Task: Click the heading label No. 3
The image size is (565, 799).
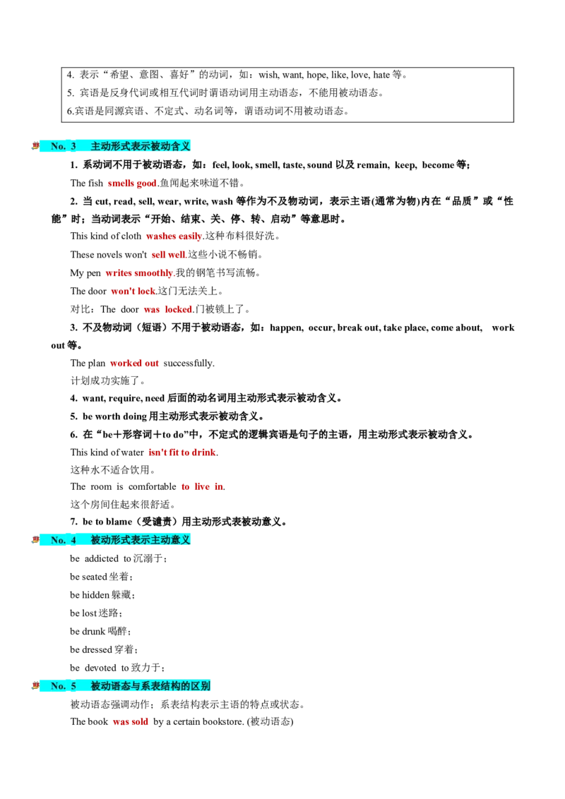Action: click(x=64, y=146)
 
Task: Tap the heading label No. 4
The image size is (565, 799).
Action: click(x=64, y=540)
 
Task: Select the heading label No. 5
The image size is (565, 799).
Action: click(x=64, y=686)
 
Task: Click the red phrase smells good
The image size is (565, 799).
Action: click(x=132, y=183)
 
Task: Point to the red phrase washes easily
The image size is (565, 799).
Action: click(x=174, y=236)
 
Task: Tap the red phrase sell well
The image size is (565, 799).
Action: click(x=168, y=254)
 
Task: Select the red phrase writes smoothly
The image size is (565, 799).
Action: click(x=139, y=272)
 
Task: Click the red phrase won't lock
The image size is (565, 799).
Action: click(x=133, y=291)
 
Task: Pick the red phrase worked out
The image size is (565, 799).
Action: click(x=134, y=363)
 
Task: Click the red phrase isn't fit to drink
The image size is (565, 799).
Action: click(x=182, y=452)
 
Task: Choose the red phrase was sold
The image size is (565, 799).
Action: click(x=130, y=721)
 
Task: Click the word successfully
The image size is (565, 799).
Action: click(x=188, y=363)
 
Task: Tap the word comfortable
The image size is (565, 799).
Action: click(x=152, y=486)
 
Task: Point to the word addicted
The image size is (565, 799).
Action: click(x=101, y=558)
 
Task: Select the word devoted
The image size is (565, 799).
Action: click(x=100, y=668)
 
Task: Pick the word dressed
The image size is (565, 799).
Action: click(x=97, y=649)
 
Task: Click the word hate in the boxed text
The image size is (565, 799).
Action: click(x=381, y=75)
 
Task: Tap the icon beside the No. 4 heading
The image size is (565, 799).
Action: click(x=35, y=540)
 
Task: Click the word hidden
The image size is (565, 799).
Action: click(x=96, y=595)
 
